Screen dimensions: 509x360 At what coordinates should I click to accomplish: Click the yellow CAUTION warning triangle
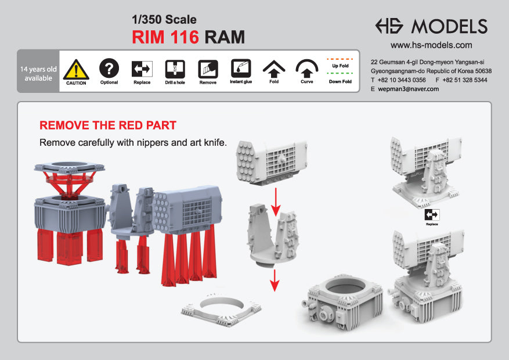pyautogui.click(x=76, y=70)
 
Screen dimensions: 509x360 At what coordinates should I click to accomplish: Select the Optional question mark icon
pyautogui.click(x=109, y=68)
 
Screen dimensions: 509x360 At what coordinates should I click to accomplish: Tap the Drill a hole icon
pyautogui.click(x=175, y=69)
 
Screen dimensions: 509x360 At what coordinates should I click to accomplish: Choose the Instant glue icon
pyautogui.click(x=241, y=68)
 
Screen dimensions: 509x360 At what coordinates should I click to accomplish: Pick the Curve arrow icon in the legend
pyautogui.click(x=307, y=68)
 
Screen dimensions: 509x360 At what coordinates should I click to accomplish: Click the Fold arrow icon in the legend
pyautogui.click(x=274, y=69)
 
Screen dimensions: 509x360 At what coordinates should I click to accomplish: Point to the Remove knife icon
pyautogui.click(x=208, y=69)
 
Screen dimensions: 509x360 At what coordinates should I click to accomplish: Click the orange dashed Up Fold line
pyautogui.click(x=340, y=59)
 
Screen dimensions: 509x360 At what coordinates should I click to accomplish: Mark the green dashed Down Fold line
pyautogui.click(x=340, y=73)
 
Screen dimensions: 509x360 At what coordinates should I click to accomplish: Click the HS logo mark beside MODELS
pyautogui.click(x=389, y=26)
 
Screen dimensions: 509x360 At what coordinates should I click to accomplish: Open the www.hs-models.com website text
pyautogui.click(x=431, y=45)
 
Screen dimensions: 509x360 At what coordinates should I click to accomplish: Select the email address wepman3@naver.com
pyautogui.click(x=409, y=89)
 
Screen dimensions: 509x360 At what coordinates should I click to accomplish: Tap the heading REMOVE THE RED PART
pyautogui.click(x=108, y=125)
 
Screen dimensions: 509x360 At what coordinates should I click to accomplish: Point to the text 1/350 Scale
pyautogui.click(x=164, y=20)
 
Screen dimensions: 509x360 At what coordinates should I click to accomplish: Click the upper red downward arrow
pyautogui.click(x=276, y=202)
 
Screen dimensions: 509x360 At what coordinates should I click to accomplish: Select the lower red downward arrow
pyautogui.click(x=275, y=280)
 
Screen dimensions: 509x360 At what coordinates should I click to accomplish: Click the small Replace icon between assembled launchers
pyautogui.click(x=432, y=215)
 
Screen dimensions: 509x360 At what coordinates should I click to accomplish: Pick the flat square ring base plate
pyautogui.click(x=221, y=309)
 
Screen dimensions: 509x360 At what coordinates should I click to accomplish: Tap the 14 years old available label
pyautogui.click(x=38, y=74)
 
